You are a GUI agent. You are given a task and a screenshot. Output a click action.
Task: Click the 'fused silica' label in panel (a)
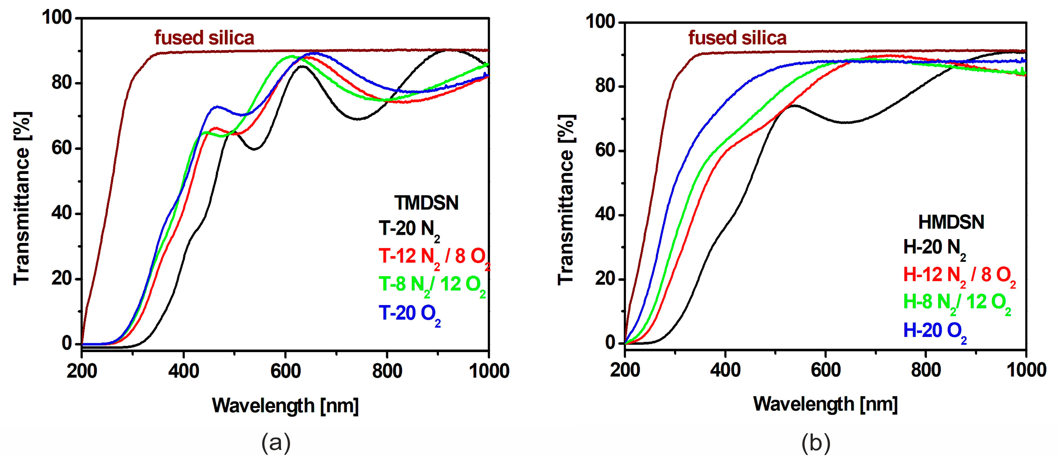[x=204, y=38]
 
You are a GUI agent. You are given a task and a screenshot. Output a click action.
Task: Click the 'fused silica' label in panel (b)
[x=737, y=38]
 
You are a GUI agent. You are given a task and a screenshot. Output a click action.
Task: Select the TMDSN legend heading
[x=426, y=203]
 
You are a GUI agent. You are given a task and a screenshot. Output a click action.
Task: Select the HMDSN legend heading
[x=951, y=222]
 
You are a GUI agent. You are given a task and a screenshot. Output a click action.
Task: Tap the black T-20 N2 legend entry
[x=409, y=229]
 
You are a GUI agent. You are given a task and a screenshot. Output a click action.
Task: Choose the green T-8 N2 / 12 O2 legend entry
[x=432, y=285]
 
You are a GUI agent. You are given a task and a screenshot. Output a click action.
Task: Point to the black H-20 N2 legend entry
[x=934, y=248]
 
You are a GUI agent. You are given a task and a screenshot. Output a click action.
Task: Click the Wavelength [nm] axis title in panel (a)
[x=285, y=406]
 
